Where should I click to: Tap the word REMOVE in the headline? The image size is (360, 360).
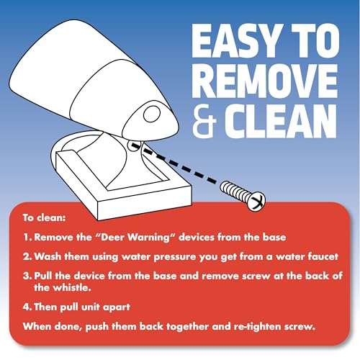tap(265, 81)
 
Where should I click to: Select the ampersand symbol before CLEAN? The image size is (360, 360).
tap(204, 122)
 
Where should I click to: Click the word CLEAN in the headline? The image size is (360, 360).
tap(281, 122)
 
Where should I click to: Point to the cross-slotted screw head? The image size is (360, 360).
tap(256, 202)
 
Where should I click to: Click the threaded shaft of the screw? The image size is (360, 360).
tap(235, 191)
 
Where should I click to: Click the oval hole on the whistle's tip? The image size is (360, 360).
tap(152, 114)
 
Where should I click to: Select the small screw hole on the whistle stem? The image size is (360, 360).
tap(133, 145)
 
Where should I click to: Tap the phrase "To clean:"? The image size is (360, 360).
tap(44, 217)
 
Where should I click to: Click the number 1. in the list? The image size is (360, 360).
tap(27, 238)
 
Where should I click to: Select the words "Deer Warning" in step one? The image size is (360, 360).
tap(136, 238)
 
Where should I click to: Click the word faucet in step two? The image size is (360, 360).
tap(323, 256)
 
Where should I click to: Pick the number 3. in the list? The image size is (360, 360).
tap(27, 276)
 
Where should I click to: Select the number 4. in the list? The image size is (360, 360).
tap(27, 307)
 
